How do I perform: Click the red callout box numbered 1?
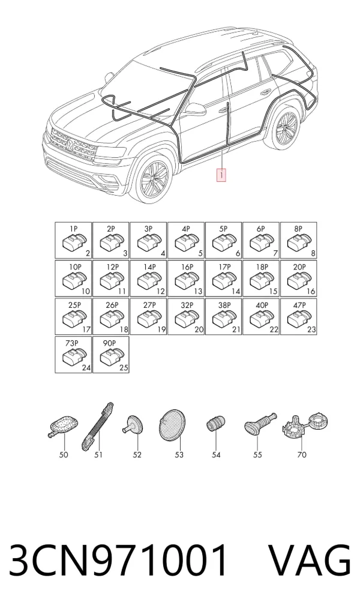pos(221,175)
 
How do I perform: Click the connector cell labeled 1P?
pos(73,241)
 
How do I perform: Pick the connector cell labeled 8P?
pos(298,241)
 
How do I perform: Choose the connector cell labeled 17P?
pos(224,278)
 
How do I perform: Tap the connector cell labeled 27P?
pos(148,316)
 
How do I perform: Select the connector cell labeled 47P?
pos(298,316)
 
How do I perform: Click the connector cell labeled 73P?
pos(73,355)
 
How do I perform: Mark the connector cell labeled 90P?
pos(110,355)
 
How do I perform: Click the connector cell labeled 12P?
pos(110,278)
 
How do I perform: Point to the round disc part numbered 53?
pos(173,425)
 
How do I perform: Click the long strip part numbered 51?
pos(97,426)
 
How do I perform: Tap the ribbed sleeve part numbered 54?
pos(216,424)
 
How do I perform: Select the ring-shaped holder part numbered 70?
pos(304,425)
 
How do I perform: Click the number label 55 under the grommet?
pos(257,455)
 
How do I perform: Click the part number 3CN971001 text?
pos(118,560)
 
